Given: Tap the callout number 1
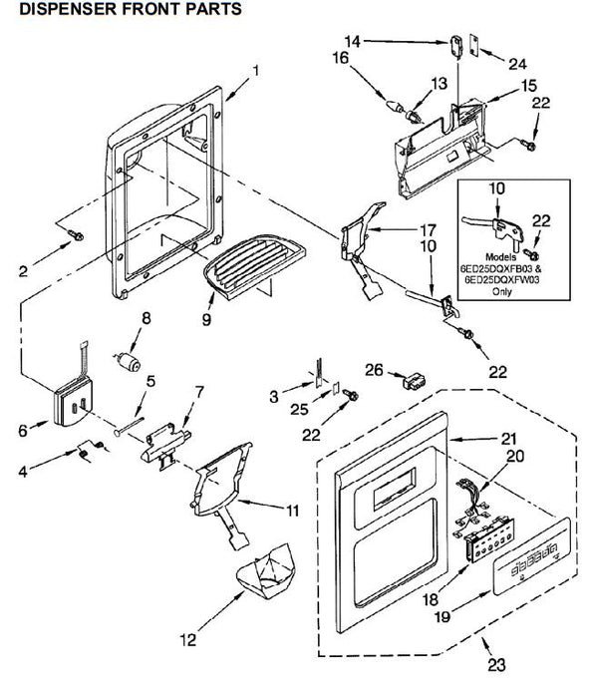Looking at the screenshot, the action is (255, 71).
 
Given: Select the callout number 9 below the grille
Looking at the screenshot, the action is (207, 319).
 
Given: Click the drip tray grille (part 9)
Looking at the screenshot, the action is (254, 265).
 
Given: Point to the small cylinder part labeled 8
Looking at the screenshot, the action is (128, 361).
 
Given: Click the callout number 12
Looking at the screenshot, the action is (188, 640).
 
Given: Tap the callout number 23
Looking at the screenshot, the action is (497, 665).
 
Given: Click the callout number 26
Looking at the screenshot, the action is (374, 370).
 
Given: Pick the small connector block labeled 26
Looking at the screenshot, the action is (414, 382).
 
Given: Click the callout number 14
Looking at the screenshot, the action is (353, 42).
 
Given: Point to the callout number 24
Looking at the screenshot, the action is (517, 64).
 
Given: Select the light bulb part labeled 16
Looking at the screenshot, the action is (395, 107).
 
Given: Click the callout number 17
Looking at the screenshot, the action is (428, 230).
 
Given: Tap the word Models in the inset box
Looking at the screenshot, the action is (501, 257).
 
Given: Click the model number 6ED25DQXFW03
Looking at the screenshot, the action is (502, 280).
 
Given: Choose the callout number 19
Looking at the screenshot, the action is (442, 616).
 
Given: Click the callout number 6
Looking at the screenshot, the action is (23, 431).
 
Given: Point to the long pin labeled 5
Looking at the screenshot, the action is (129, 426).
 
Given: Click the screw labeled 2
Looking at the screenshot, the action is (76, 235).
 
